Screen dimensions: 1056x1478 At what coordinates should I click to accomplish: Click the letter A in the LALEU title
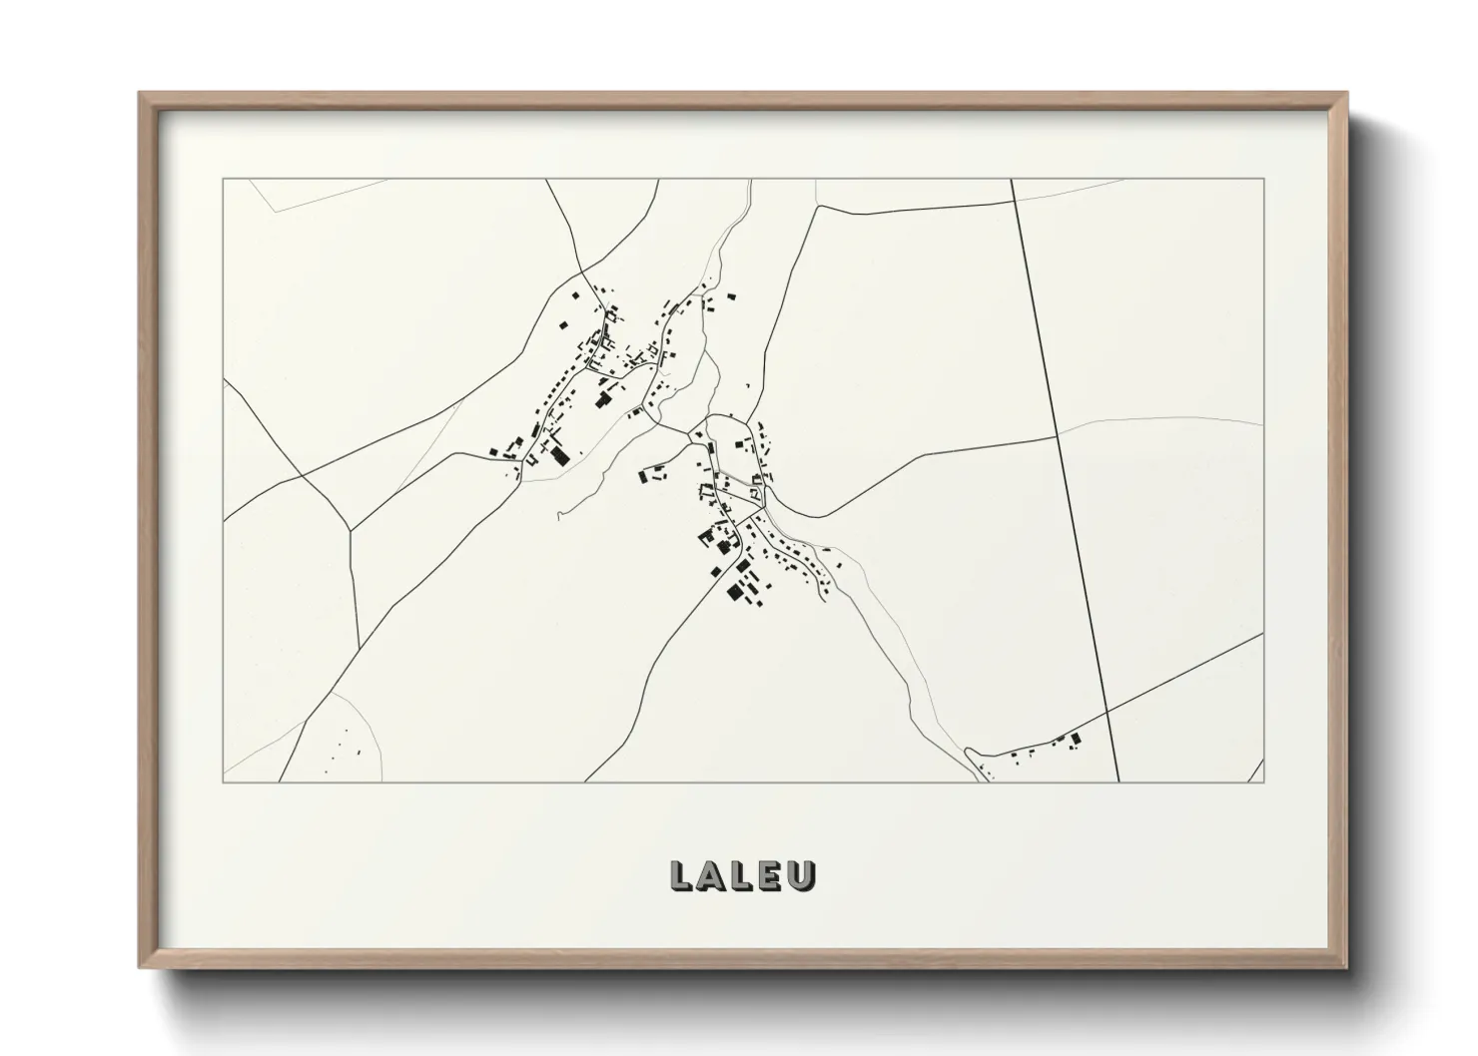click(713, 875)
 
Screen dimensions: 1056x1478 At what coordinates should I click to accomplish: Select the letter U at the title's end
click(803, 875)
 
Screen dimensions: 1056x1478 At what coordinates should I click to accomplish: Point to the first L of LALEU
click(682, 875)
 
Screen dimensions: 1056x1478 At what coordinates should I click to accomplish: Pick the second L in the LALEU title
click(744, 875)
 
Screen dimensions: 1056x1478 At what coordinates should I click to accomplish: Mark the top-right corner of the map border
click(1263, 179)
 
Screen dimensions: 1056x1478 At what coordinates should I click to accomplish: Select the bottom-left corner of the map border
click(223, 782)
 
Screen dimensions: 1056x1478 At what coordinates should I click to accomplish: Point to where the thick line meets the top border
click(1012, 179)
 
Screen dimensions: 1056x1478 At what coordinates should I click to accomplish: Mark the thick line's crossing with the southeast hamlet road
click(1108, 712)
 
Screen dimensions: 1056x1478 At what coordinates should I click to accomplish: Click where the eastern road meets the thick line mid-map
click(1059, 437)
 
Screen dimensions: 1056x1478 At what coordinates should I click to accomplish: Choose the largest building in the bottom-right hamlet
click(1076, 740)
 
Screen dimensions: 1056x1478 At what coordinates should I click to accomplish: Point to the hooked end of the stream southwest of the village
click(559, 515)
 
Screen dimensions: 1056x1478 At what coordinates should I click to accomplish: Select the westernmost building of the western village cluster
click(493, 453)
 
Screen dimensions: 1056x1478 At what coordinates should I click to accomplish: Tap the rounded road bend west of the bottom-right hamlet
click(969, 751)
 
